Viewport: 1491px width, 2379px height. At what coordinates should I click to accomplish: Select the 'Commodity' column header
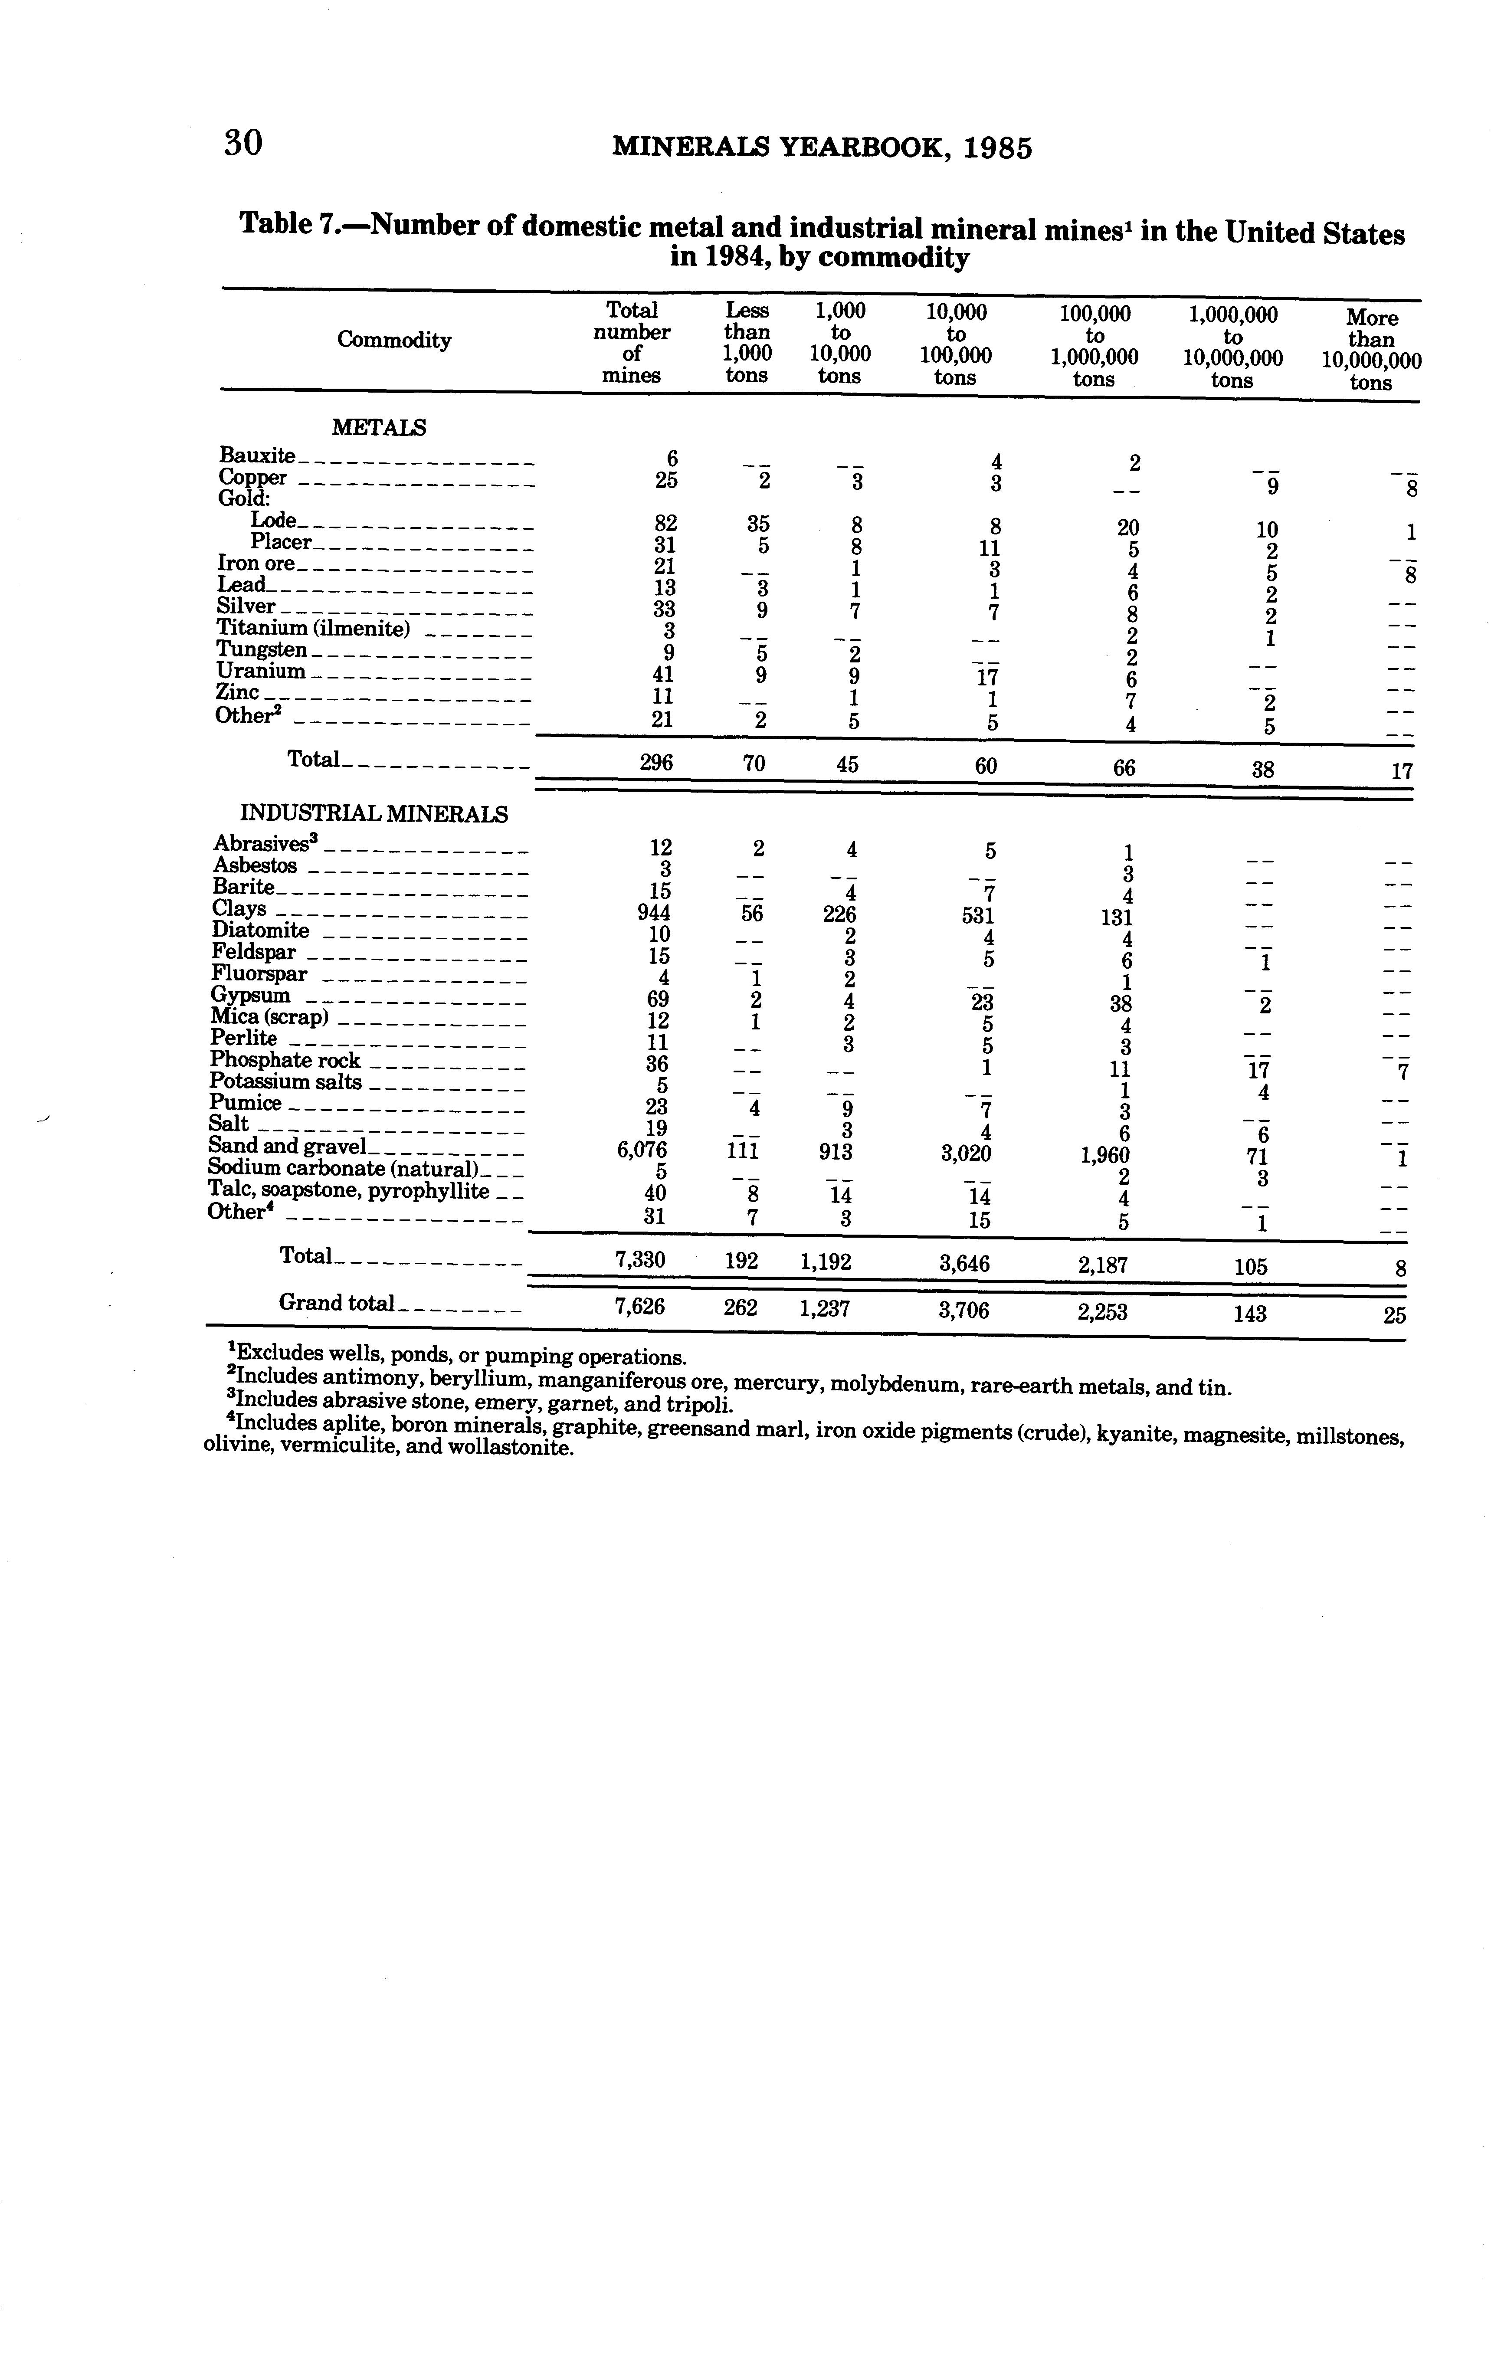point(393,340)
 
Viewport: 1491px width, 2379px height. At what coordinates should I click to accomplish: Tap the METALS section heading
point(379,428)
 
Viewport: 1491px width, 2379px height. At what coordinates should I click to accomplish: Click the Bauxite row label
point(256,455)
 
